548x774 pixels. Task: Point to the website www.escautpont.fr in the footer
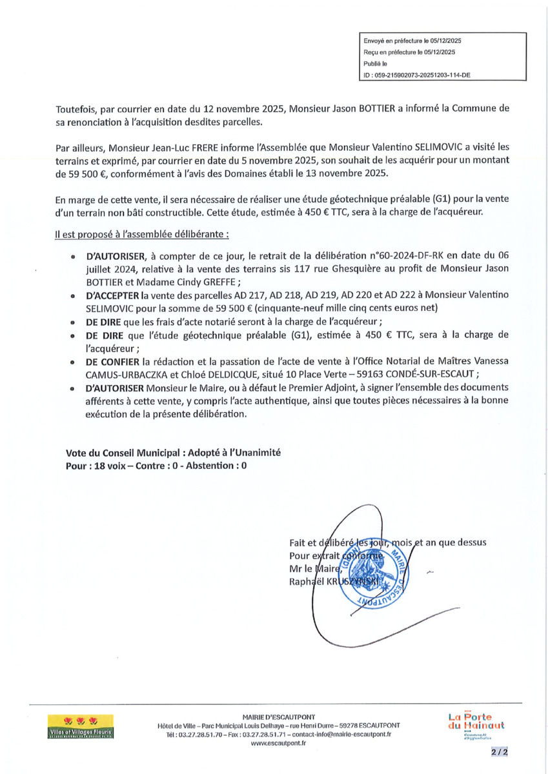point(278,743)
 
